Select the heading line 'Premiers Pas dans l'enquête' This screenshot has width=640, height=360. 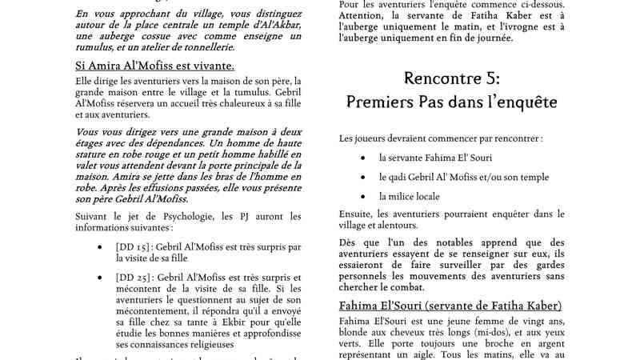pos(452,102)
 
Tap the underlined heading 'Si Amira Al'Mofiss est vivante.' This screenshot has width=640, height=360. pos(149,66)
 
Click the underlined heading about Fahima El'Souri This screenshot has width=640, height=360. pos(450,306)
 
